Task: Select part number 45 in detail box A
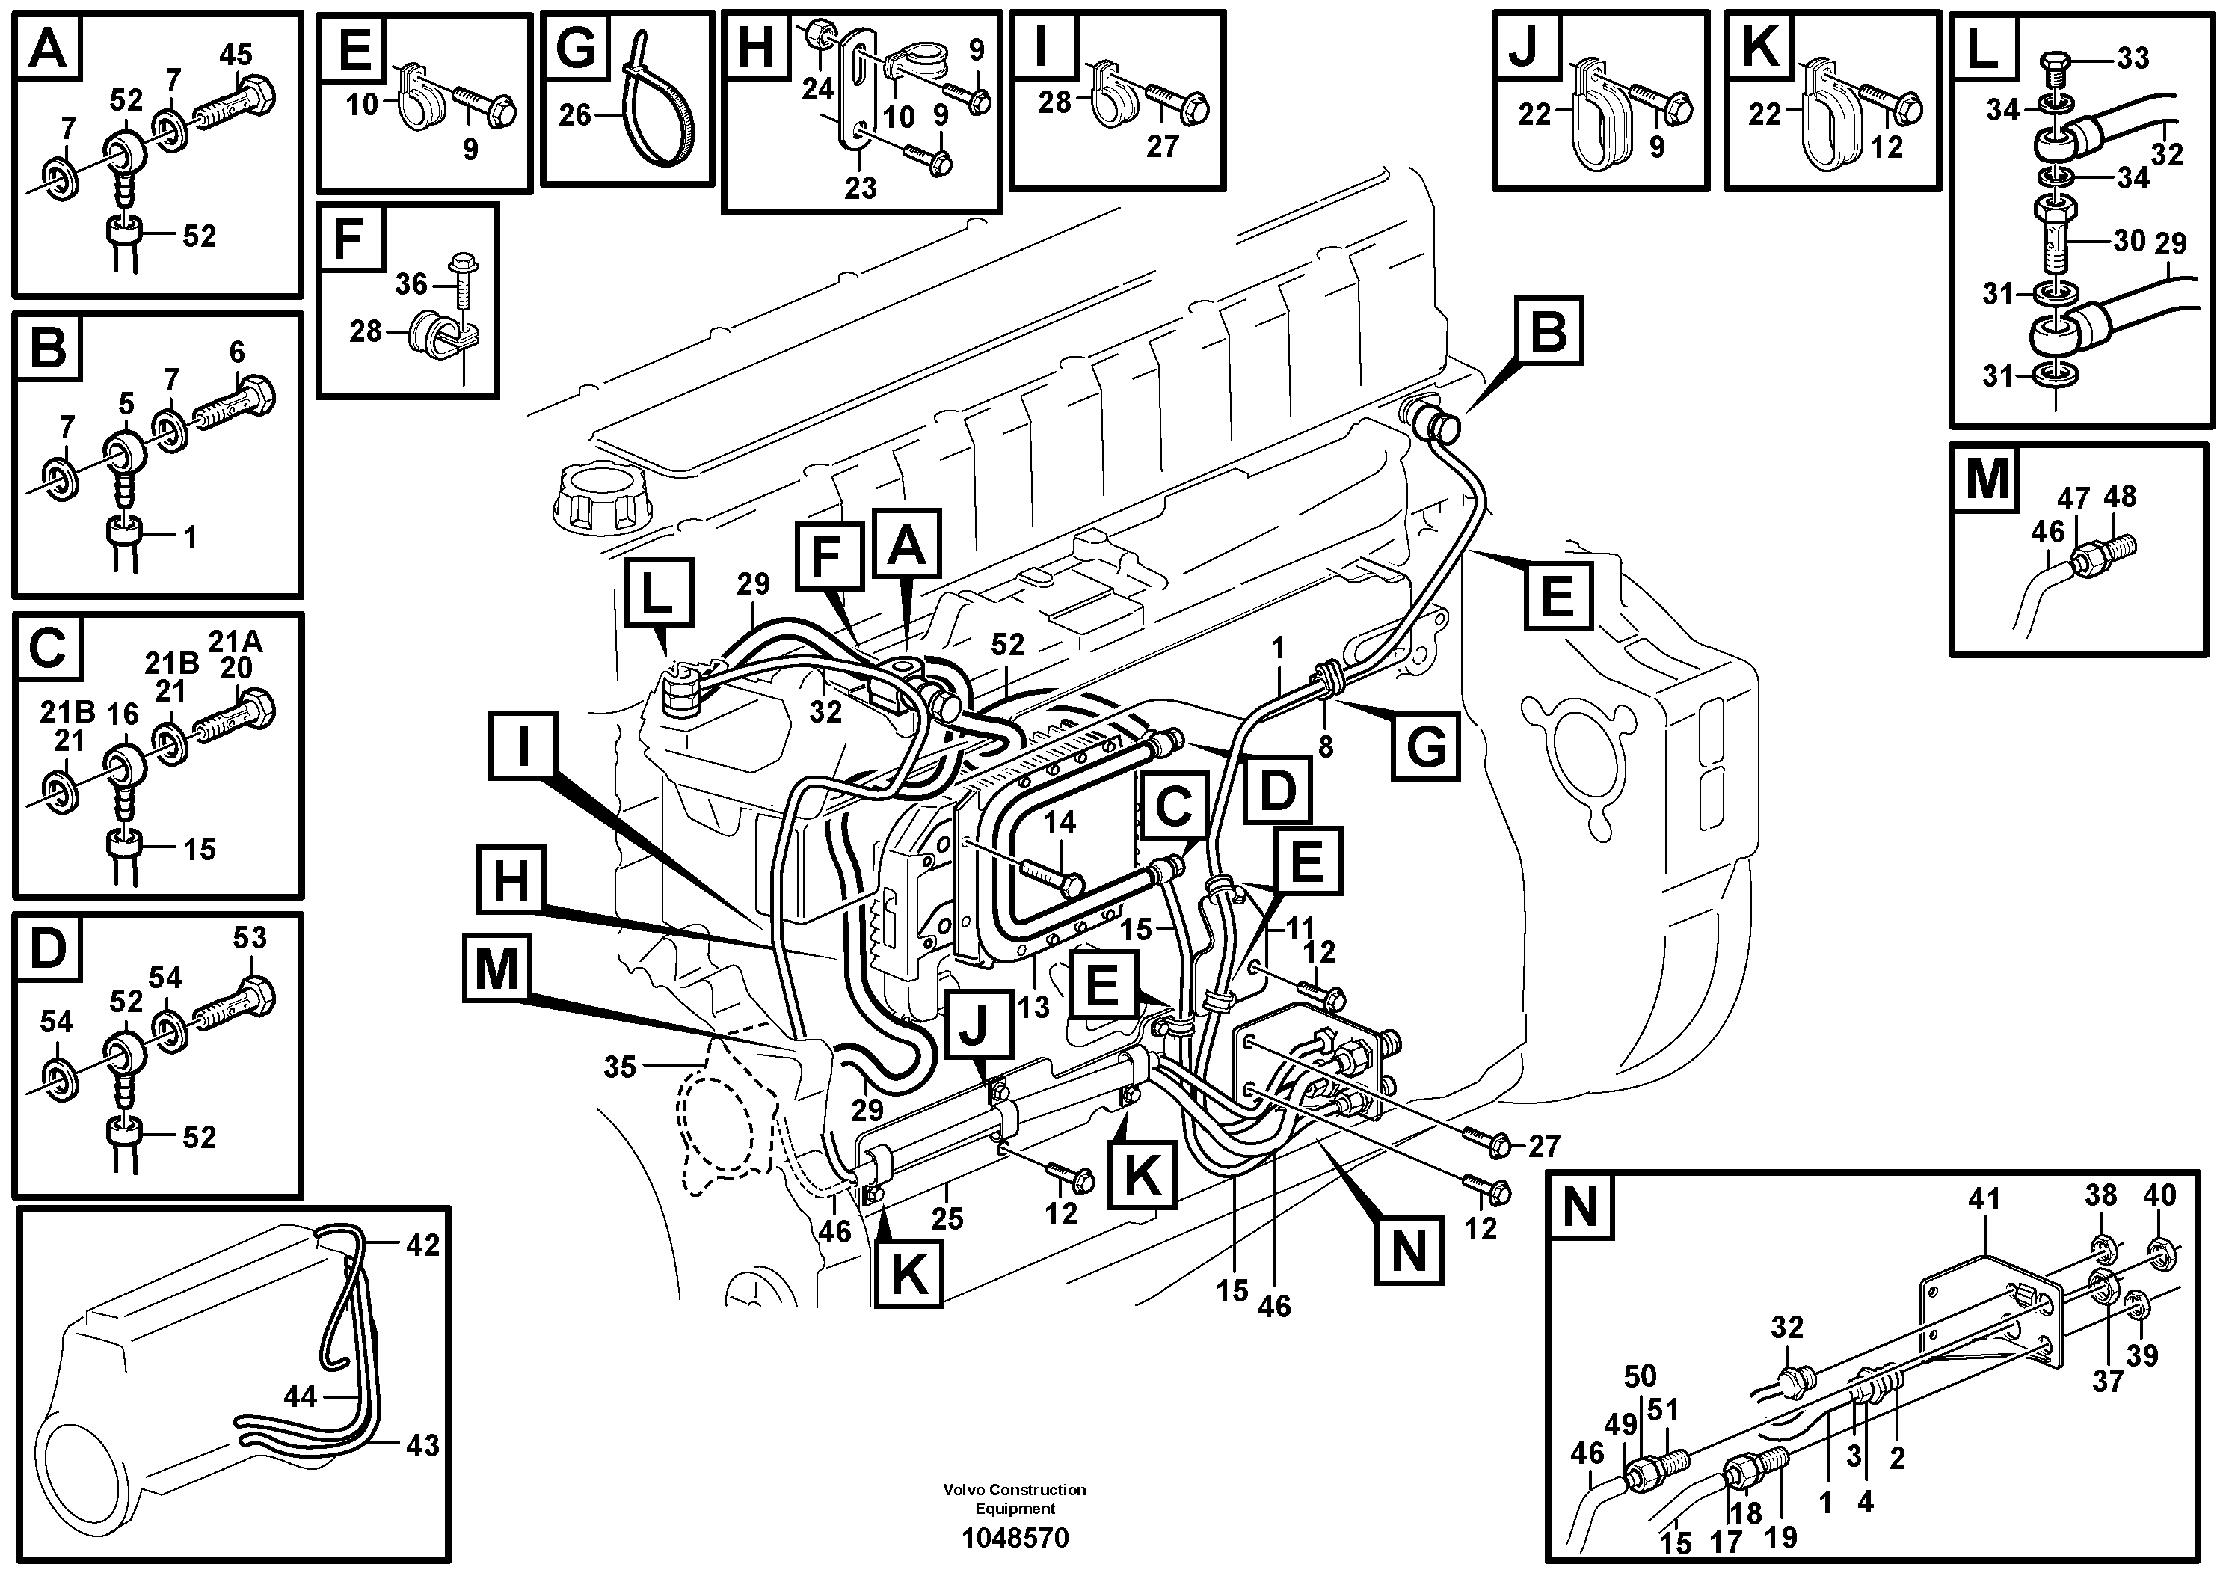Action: (236, 55)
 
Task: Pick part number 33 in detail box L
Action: (2132, 58)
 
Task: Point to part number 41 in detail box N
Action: (1984, 1200)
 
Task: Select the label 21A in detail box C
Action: (236, 642)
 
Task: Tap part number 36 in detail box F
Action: (411, 284)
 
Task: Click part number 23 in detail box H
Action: (860, 187)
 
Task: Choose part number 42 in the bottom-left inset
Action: (422, 1244)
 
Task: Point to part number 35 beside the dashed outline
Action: (620, 1067)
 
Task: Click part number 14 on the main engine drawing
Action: (1060, 822)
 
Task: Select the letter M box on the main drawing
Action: (497, 968)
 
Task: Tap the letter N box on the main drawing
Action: (1408, 1252)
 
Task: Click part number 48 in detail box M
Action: (2121, 497)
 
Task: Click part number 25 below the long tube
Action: (947, 1218)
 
